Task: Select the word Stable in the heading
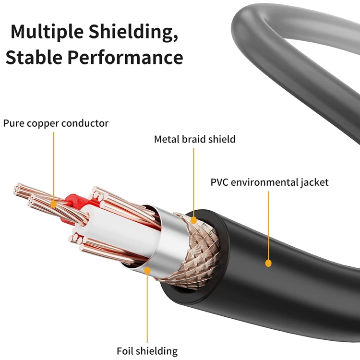[33, 57]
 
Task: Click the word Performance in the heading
[125, 57]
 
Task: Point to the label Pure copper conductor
[56, 123]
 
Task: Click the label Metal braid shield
[194, 139]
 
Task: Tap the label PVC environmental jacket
[269, 182]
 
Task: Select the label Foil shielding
[147, 351]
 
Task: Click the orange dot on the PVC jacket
[268, 263]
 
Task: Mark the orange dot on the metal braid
[194, 220]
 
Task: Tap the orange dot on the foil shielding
[147, 270]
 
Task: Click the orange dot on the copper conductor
[54, 204]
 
